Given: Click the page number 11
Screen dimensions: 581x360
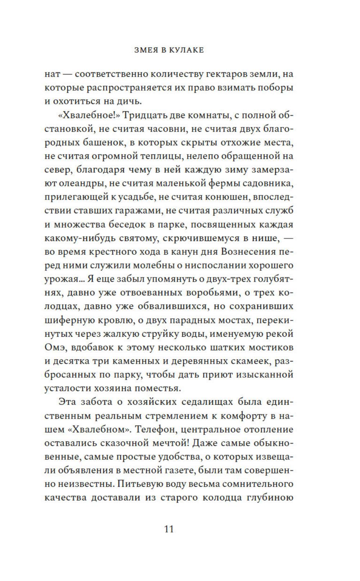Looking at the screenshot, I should (169, 529).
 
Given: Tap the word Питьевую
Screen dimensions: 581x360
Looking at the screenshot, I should (139, 484).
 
